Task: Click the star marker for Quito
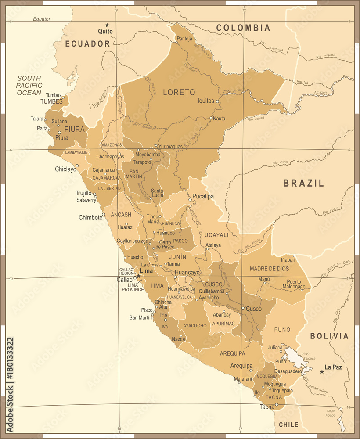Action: tap(107, 25)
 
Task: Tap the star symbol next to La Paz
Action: tap(322, 371)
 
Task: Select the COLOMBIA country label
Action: tap(243, 28)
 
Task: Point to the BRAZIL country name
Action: tap(303, 183)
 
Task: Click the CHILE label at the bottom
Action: tap(288, 425)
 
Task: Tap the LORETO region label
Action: tap(179, 92)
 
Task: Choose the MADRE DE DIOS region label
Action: tap(270, 268)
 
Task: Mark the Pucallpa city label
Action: tap(203, 196)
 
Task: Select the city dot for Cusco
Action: tap(243, 308)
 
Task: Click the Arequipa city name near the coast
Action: tap(241, 365)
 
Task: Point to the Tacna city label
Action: tap(267, 407)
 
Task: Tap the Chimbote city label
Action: tap(90, 217)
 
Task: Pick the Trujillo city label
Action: tap(83, 193)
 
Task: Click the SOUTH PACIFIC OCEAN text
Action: tap(29, 86)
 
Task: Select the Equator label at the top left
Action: tap(42, 19)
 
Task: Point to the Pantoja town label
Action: tap(184, 39)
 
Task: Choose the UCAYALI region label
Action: tap(216, 235)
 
